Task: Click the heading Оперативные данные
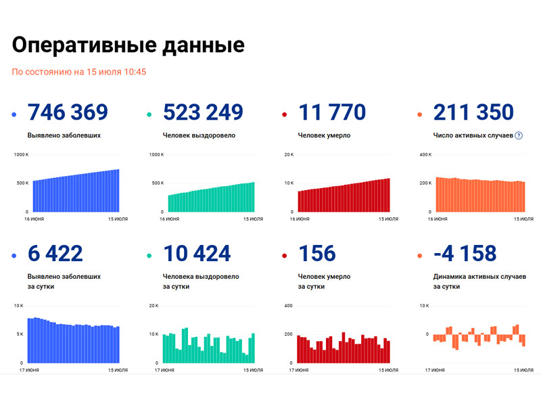(128, 45)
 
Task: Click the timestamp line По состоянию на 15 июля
(79, 72)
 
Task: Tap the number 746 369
(68, 112)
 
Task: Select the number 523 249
(203, 112)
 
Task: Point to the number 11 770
(332, 112)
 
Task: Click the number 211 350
(473, 112)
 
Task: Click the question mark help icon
(519, 135)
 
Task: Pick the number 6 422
(55, 254)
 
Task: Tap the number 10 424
(197, 254)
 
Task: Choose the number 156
(317, 254)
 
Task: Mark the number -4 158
(465, 254)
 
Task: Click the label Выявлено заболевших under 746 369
(64, 135)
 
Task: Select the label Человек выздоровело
(199, 135)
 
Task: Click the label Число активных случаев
(473, 135)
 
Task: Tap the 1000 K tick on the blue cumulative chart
(21, 155)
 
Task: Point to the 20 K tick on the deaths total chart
(288, 155)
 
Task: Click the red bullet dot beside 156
(285, 256)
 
